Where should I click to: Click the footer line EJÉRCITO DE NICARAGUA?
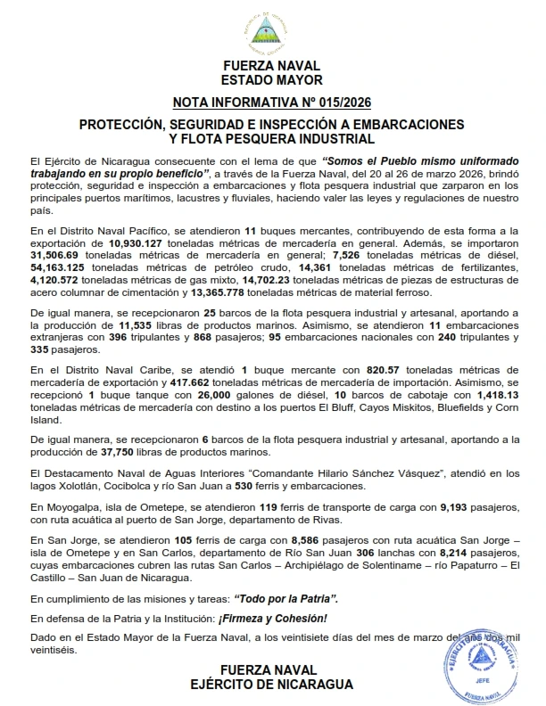[273, 684]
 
